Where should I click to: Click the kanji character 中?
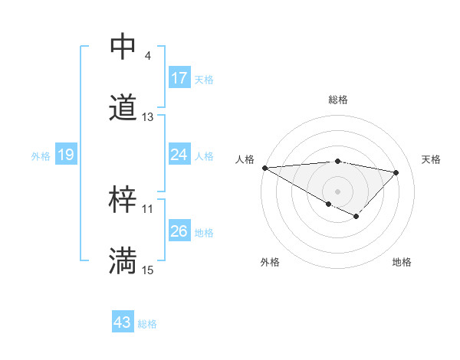(123, 47)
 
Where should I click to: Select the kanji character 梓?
(123, 200)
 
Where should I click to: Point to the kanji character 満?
(123, 261)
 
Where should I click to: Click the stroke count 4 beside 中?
(147, 56)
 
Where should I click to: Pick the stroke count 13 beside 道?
(148, 117)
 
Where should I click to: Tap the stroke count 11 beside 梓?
(148, 209)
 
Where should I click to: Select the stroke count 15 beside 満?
(148, 270)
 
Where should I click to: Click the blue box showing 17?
(179, 78)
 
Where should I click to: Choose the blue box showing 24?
(179, 155)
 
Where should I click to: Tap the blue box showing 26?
(179, 231)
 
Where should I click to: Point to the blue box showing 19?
(66, 155)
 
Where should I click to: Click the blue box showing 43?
(123, 322)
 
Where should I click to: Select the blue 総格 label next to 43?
(147, 324)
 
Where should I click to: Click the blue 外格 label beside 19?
(41, 156)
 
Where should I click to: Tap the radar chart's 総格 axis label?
(337, 100)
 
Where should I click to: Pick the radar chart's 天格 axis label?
(432, 159)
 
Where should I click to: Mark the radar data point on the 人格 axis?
(264, 168)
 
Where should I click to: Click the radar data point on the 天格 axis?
(396, 172)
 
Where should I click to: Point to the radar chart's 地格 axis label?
(402, 262)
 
